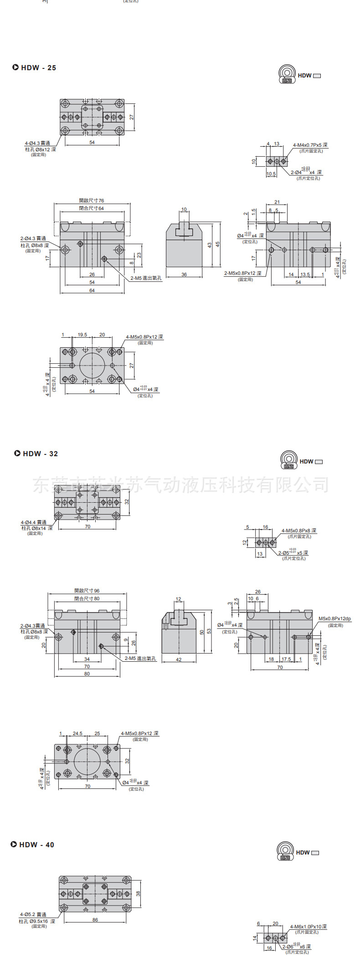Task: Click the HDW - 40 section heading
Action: coord(32,845)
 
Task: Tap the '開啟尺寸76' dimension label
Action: coord(92,201)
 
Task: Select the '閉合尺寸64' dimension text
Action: coord(92,208)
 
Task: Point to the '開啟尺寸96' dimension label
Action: coord(87,591)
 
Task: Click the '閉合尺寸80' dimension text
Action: coord(87,598)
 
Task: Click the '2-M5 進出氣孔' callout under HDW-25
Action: coord(146,278)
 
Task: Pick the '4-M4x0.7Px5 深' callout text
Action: coord(310,145)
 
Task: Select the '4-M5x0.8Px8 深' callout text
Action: coord(298,530)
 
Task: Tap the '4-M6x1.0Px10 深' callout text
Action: coord(308,927)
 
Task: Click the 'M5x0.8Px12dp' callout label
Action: coord(334,618)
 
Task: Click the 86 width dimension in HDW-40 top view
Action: coord(95,920)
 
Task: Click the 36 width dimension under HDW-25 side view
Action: coord(184,274)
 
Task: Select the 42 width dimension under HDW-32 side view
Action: coord(179,659)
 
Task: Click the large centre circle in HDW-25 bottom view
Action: coord(92,365)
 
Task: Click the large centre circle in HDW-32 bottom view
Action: coord(87,762)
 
